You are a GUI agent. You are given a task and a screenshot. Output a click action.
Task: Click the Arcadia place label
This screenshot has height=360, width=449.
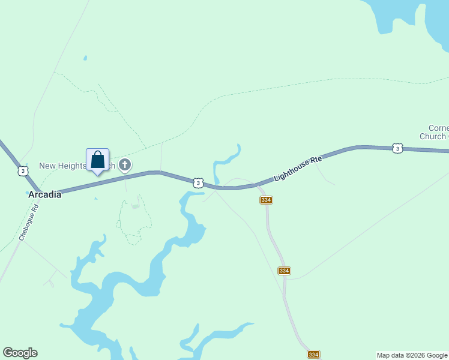[x=44, y=194]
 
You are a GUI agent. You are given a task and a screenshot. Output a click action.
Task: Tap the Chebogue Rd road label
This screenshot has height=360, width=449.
[x=28, y=223]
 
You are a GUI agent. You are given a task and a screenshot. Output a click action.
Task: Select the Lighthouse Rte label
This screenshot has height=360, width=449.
[x=298, y=169]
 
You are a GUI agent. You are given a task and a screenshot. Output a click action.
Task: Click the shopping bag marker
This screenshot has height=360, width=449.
[x=97, y=161]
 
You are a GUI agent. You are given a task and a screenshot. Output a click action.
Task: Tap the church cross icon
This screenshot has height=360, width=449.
[x=125, y=164]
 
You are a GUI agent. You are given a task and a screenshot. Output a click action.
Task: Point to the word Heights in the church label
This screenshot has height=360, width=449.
[x=74, y=166]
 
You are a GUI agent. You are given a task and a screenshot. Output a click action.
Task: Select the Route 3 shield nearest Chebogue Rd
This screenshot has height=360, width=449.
[x=23, y=171]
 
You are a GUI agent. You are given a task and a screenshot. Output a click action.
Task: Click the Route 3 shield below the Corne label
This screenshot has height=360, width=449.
[x=397, y=148]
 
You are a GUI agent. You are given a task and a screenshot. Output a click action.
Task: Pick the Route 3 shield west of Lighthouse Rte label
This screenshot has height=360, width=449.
[x=198, y=182]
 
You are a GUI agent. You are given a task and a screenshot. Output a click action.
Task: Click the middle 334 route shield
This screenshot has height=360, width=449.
[x=284, y=271]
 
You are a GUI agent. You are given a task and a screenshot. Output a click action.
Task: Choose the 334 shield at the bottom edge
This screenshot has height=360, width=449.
[x=313, y=355]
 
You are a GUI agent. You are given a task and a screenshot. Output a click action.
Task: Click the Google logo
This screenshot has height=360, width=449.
[x=20, y=353]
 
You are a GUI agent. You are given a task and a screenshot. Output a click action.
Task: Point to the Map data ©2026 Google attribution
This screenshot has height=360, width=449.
[x=412, y=355]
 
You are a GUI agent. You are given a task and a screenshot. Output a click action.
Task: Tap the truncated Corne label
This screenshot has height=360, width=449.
[x=438, y=128]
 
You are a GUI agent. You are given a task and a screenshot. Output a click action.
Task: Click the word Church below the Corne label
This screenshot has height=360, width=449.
[x=432, y=136]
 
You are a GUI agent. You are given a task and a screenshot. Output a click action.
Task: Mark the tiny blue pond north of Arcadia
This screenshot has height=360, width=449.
[x=85, y=58]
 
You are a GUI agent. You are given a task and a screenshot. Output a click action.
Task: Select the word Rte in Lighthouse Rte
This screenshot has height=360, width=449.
[x=316, y=161]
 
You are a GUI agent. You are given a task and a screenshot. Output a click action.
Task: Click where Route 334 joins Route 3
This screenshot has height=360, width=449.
[x=258, y=185]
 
